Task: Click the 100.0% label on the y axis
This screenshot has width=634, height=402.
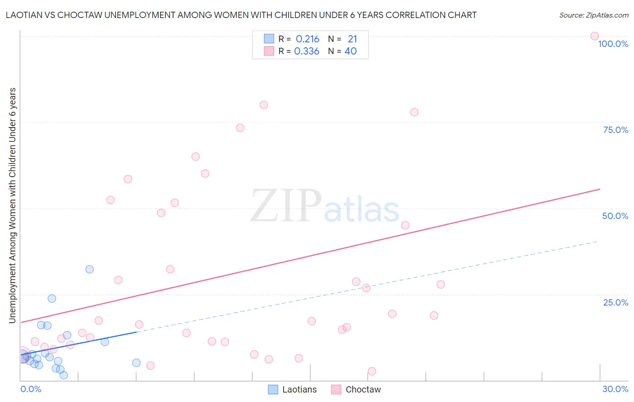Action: (613, 44)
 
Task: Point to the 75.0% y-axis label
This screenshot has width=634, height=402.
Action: (616, 130)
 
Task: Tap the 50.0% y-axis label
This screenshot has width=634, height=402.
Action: (615, 216)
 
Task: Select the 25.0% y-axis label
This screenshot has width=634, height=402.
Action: (616, 302)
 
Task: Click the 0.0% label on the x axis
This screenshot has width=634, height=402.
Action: (31, 389)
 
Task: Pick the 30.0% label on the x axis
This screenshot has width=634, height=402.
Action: (615, 389)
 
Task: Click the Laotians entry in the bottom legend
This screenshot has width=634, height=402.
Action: (299, 389)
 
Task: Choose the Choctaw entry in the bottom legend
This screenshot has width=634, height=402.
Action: (363, 389)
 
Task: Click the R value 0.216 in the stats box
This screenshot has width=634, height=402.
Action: (308, 39)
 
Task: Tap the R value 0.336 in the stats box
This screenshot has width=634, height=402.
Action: (307, 51)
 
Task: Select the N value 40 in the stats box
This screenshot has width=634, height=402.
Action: (350, 51)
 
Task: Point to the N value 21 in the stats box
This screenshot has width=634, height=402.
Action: (352, 39)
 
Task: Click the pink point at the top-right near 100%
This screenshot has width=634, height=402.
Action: (594, 36)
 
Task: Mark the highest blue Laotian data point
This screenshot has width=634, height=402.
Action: (90, 269)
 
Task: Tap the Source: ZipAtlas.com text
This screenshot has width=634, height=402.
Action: (593, 15)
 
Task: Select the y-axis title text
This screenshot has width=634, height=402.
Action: (12, 205)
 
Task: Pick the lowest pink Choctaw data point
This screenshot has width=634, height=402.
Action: (372, 371)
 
